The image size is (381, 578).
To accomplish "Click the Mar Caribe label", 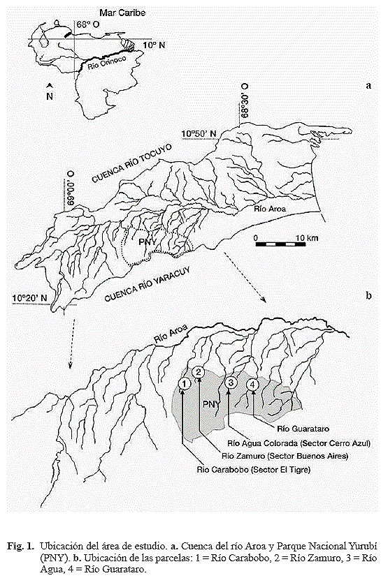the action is (122, 13).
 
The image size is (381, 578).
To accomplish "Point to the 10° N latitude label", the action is (154, 45).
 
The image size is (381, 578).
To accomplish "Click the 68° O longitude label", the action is (86, 24).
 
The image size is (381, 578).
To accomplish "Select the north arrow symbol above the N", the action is (49, 85).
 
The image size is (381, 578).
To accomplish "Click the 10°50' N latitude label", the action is (199, 133).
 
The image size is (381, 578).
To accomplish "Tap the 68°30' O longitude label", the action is (245, 101).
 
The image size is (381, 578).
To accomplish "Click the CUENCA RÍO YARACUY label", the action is (148, 284).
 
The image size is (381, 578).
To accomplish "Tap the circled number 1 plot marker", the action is (184, 384).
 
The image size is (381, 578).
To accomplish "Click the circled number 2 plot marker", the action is (199, 372).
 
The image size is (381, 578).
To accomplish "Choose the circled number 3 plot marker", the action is (231, 383).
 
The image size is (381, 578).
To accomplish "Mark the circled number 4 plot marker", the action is (253, 385).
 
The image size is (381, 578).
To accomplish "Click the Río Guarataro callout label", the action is (303, 429).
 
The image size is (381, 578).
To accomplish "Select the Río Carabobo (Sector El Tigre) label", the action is (253, 470).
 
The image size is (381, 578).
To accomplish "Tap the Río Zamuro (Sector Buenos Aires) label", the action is (285, 457).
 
